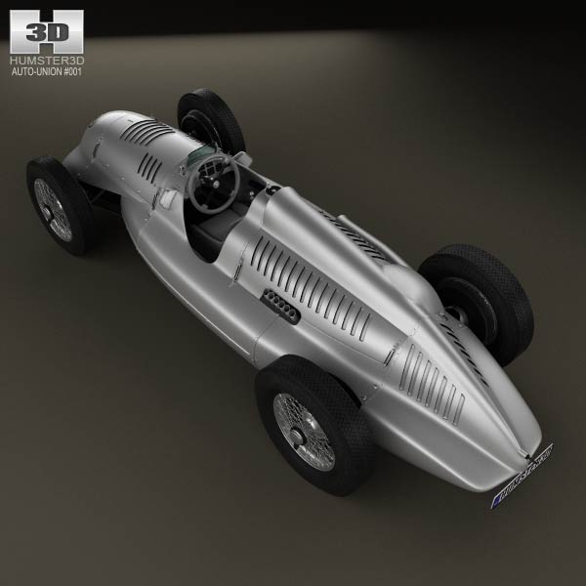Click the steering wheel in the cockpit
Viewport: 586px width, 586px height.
(212, 182)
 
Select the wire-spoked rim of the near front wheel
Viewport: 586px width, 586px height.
(54, 208)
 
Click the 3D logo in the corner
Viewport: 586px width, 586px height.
(46, 32)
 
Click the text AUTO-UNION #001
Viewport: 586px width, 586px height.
(47, 73)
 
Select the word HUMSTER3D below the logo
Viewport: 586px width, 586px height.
(47, 61)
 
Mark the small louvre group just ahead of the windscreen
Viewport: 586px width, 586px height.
(150, 169)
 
